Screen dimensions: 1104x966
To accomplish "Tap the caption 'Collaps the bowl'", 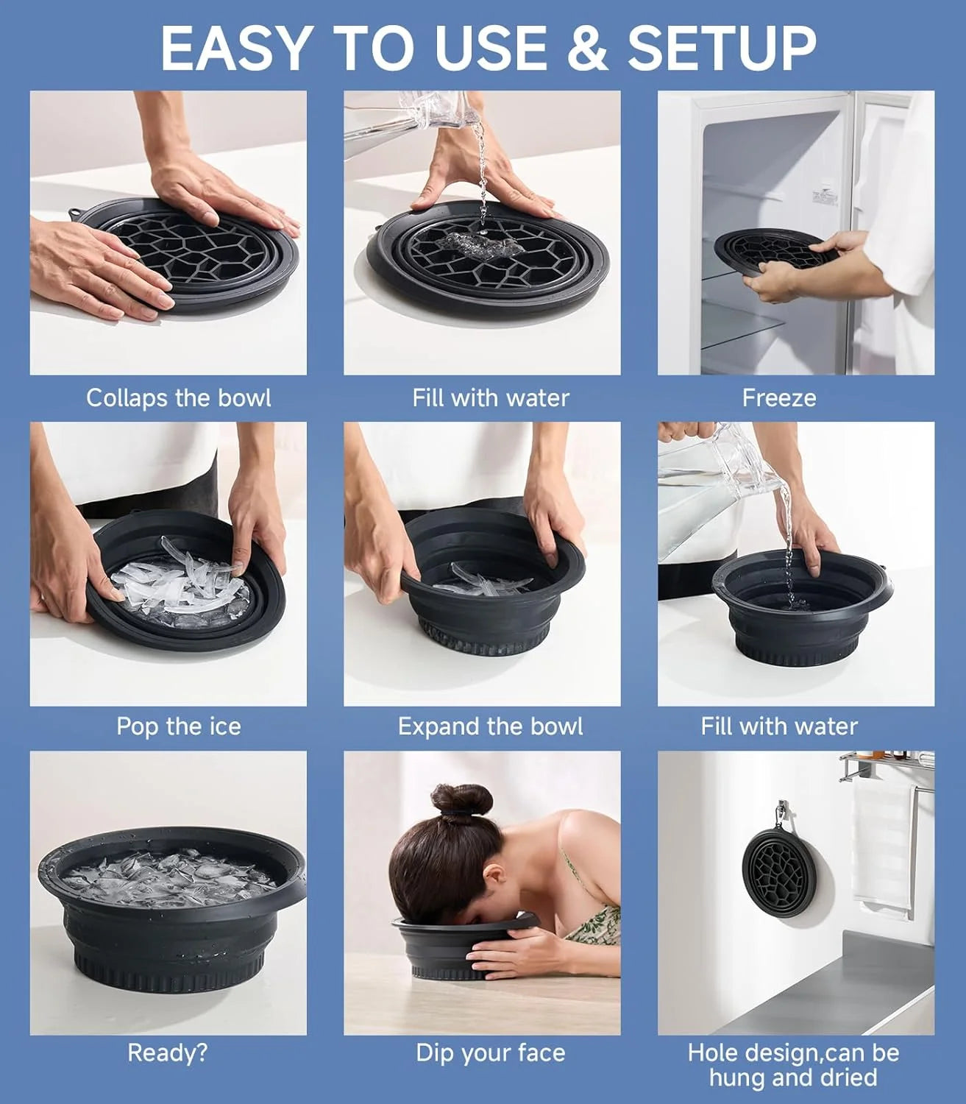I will (x=178, y=398).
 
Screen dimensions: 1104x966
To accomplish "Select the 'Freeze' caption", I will (x=779, y=398).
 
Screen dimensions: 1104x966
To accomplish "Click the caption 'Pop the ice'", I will (x=178, y=726).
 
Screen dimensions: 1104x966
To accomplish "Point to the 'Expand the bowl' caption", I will (x=490, y=726).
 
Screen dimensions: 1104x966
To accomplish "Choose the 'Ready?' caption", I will (x=168, y=1053).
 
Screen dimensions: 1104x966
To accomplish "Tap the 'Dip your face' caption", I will (x=490, y=1053).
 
